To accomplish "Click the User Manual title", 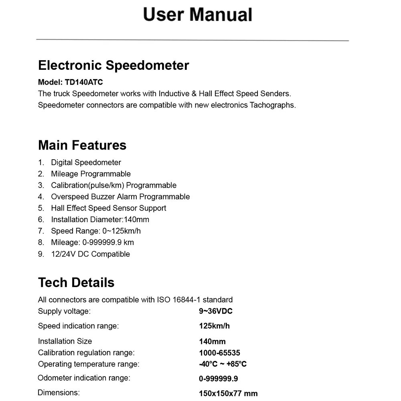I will (198, 14).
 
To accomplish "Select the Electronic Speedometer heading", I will (113, 65).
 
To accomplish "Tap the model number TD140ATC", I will (84, 82).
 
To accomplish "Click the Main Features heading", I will (82, 145).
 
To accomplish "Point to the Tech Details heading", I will (76, 282).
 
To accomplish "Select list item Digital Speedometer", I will (86, 162).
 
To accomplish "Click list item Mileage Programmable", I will (91, 174).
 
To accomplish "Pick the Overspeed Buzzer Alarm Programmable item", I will (120, 196).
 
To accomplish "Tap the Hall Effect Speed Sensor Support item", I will (108, 208).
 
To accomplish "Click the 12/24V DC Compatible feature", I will (90, 254).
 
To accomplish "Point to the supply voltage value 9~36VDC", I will (216, 311).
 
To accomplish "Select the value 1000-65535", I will (219, 353).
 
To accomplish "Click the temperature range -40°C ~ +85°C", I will (223, 364).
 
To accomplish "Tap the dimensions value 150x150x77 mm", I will (228, 393).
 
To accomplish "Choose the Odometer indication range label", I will (84, 378).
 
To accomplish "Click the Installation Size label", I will (65, 341).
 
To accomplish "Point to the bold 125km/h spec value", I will (214, 326).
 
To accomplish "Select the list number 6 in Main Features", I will (41, 219).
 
